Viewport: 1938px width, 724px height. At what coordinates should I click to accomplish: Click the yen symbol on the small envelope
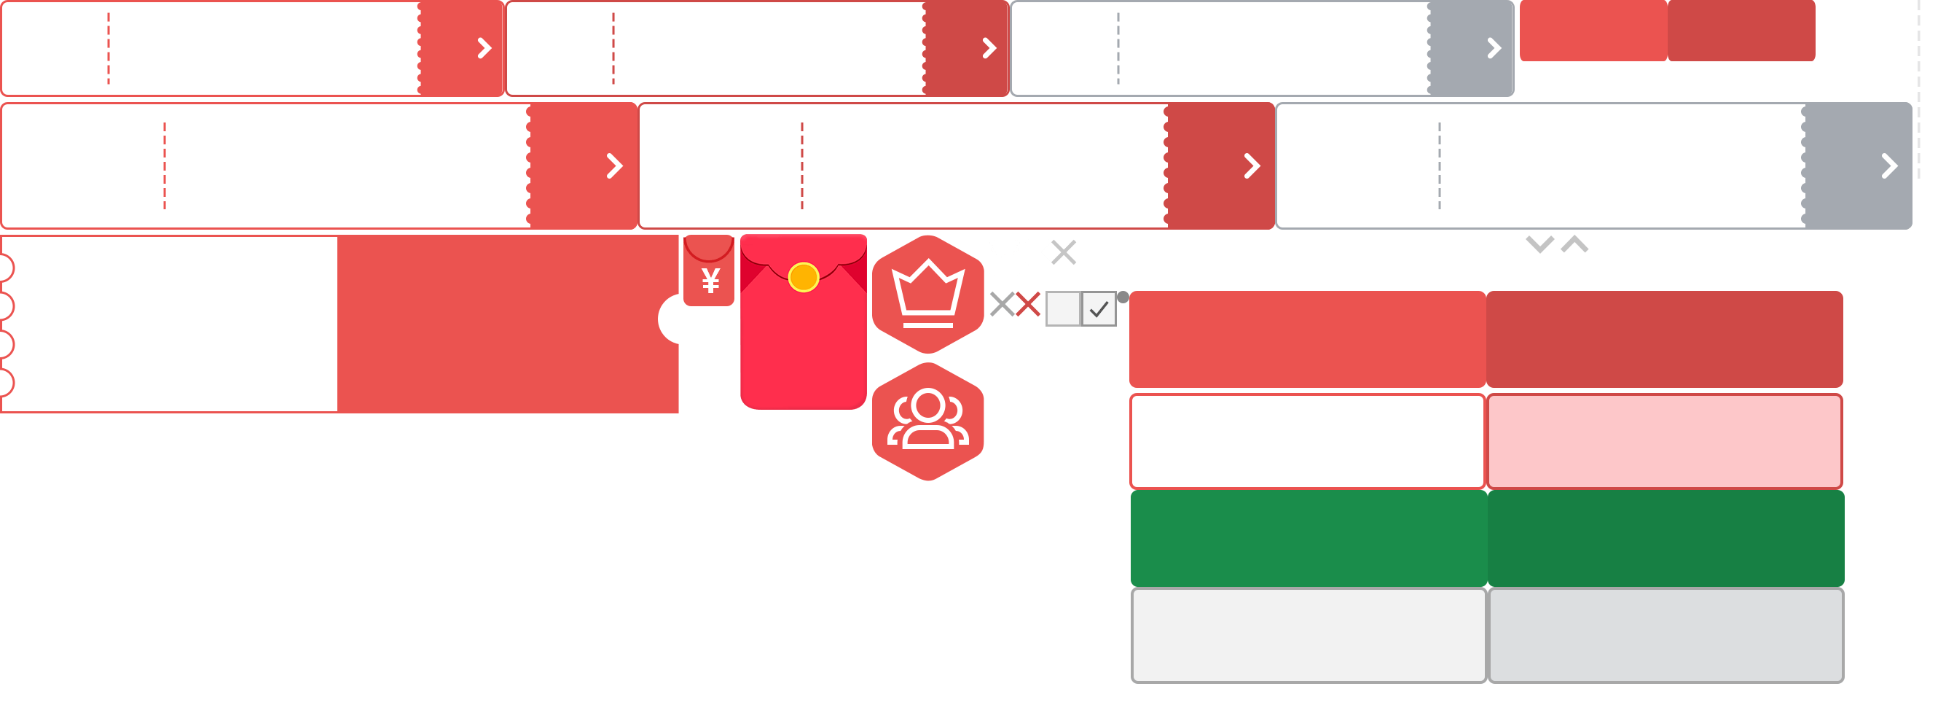tap(710, 281)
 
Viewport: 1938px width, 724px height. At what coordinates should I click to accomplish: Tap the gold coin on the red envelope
tap(803, 277)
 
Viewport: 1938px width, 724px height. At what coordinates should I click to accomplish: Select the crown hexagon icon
tap(927, 294)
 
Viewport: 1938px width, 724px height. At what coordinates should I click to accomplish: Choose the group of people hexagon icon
tap(927, 421)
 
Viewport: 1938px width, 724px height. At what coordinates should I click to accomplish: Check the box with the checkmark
tap(1099, 308)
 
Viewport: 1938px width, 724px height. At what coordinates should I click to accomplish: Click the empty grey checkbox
tap(1062, 308)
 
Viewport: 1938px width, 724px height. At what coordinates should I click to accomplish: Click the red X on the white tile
tap(1028, 305)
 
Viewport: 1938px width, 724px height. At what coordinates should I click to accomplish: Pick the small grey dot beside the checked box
tap(1123, 297)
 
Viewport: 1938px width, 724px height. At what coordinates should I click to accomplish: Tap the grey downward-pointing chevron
tap(1539, 244)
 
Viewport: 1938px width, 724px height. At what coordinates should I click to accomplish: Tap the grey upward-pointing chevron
tap(1574, 244)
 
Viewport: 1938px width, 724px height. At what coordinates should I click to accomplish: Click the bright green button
tap(1308, 538)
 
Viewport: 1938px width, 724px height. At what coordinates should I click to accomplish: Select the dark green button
tap(1666, 538)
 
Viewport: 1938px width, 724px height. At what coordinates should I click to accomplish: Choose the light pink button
tap(1664, 441)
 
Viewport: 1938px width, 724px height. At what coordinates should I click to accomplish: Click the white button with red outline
tap(1308, 441)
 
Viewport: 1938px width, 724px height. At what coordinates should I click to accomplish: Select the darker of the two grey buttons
tap(1666, 635)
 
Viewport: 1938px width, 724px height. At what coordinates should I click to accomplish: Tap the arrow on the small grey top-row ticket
tap(1494, 48)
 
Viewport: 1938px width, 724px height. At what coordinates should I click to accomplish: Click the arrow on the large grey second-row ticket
tap(1888, 166)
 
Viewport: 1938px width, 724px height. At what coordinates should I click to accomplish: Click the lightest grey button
tap(1308, 635)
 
